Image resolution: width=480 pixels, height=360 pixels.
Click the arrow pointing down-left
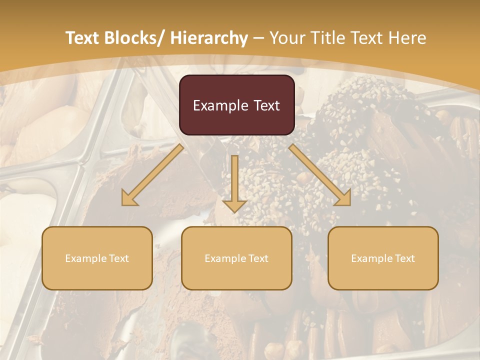[152, 175]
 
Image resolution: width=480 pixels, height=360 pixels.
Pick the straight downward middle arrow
[234, 182]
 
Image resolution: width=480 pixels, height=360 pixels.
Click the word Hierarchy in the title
[209, 38]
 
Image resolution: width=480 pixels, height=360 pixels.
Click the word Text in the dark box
[266, 105]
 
